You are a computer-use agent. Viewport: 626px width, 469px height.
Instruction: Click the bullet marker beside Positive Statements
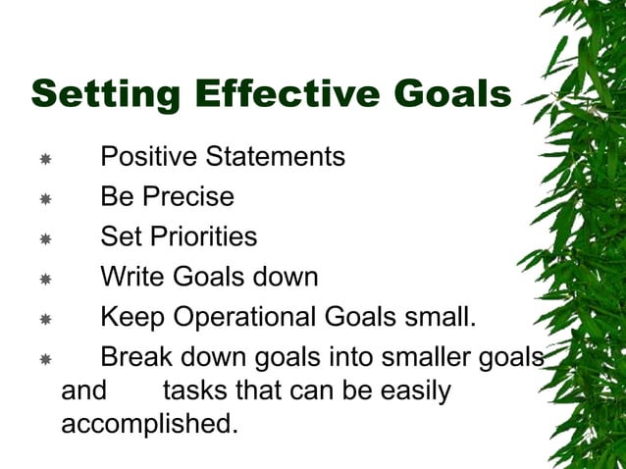click(x=45, y=158)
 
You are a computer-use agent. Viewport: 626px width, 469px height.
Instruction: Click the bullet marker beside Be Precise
click(x=45, y=198)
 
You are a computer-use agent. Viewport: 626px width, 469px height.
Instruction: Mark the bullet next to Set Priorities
click(x=45, y=238)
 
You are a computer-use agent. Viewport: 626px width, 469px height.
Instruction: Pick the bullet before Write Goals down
click(x=45, y=279)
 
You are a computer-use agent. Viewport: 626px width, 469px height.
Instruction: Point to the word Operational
click(x=243, y=318)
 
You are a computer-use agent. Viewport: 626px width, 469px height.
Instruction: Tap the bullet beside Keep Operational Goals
click(x=45, y=319)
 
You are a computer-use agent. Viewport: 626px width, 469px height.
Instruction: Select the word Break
click(x=136, y=357)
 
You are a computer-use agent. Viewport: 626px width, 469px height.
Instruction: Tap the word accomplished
click(x=149, y=426)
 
